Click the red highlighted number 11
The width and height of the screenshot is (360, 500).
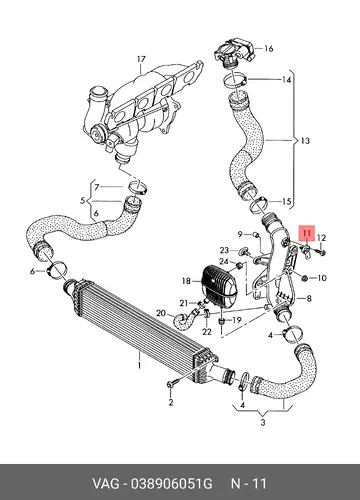[x=307, y=233]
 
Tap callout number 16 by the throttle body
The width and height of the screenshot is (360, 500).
[x=269, y=49]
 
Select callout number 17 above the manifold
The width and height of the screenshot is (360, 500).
[x=141, y=59]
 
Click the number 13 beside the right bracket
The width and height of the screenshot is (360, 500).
[x=305, y=141]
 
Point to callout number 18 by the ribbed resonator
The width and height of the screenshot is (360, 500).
[x=187, y=281]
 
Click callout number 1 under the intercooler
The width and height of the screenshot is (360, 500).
[x=139, y=365]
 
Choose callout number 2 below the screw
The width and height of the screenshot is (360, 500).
[x=171, y=402]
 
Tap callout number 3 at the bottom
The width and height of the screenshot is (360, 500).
[x=263, y=423]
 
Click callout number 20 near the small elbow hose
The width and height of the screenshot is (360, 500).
[x=161, y=313]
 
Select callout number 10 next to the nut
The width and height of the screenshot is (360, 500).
[x=322, y=278]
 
